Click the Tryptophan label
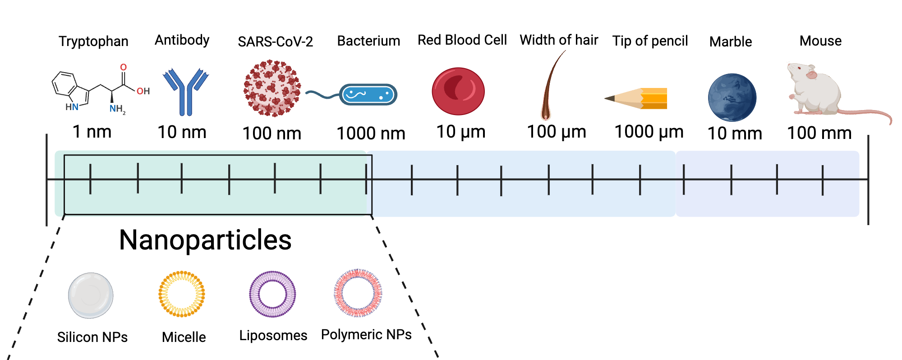[93, 42]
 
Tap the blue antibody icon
[185, 92]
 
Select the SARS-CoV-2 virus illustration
[272, 88]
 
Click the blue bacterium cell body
[368, 95]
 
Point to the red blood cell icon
[458, 91]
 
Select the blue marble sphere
[732, 97]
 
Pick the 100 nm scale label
[272, 134]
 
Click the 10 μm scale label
[460, 132]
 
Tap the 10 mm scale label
[734, 134]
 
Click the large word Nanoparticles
[205, 240]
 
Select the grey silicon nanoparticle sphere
[91, 295]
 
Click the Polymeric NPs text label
[366, 335]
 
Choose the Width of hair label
[558, 40]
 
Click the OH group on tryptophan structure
[143, 91]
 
